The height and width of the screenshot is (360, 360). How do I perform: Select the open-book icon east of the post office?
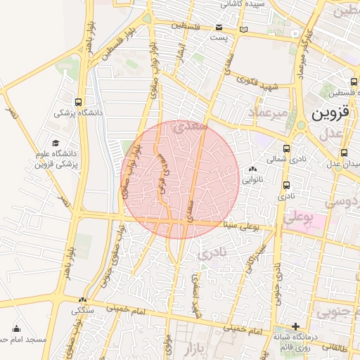click(x=243, y=30)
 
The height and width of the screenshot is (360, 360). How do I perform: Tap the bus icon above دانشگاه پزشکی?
click(x=78, y=101)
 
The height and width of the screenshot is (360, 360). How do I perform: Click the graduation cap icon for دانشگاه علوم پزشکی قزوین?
click(x=55, y=143)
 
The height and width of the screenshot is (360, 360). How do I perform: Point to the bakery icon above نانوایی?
click(x=252, y=169)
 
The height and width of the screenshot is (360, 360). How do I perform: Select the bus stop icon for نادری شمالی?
click(x=286, y=148)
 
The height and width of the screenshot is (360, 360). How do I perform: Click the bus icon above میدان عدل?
click(x=345, y=153)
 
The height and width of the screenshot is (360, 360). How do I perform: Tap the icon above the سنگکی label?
click(x=83, y=299)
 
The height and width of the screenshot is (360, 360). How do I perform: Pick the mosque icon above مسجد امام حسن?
click(x=16, y=328)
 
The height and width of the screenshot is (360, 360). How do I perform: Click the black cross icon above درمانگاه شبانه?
click(x=296, y=326)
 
